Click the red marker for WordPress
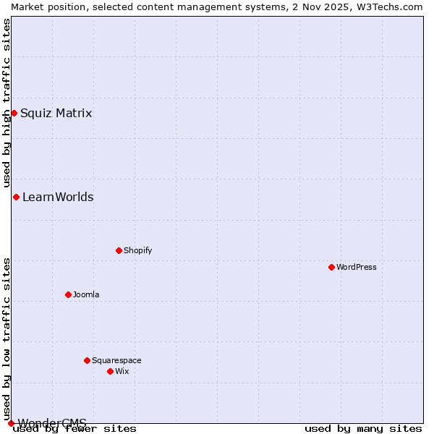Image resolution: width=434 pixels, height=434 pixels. point(331,267)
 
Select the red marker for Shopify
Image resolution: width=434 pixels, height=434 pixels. point(119,250)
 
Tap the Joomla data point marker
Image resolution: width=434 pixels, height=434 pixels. point(68,294)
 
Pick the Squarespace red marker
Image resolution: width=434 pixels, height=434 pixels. point(87,360)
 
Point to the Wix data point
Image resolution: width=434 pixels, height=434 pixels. point(110,371)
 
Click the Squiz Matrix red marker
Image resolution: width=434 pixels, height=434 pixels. point(14,113)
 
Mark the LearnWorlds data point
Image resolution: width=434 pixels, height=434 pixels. point(16,197)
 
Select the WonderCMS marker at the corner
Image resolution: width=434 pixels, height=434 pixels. point(11,423)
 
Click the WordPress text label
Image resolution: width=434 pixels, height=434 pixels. point(357,267)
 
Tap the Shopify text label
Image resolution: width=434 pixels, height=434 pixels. point(137,250)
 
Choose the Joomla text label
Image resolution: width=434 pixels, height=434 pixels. point(86,294)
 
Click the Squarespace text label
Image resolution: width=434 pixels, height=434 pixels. point(116,360)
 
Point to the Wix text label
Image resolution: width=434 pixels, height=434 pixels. point(122,371)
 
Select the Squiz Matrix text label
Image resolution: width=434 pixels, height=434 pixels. point(56,113)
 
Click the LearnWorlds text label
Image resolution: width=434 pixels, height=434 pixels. point(58,197)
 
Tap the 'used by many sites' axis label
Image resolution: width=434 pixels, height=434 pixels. point(363,428)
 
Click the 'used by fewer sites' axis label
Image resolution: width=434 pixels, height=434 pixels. point(75,428)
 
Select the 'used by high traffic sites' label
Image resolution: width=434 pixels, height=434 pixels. point(7,103)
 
